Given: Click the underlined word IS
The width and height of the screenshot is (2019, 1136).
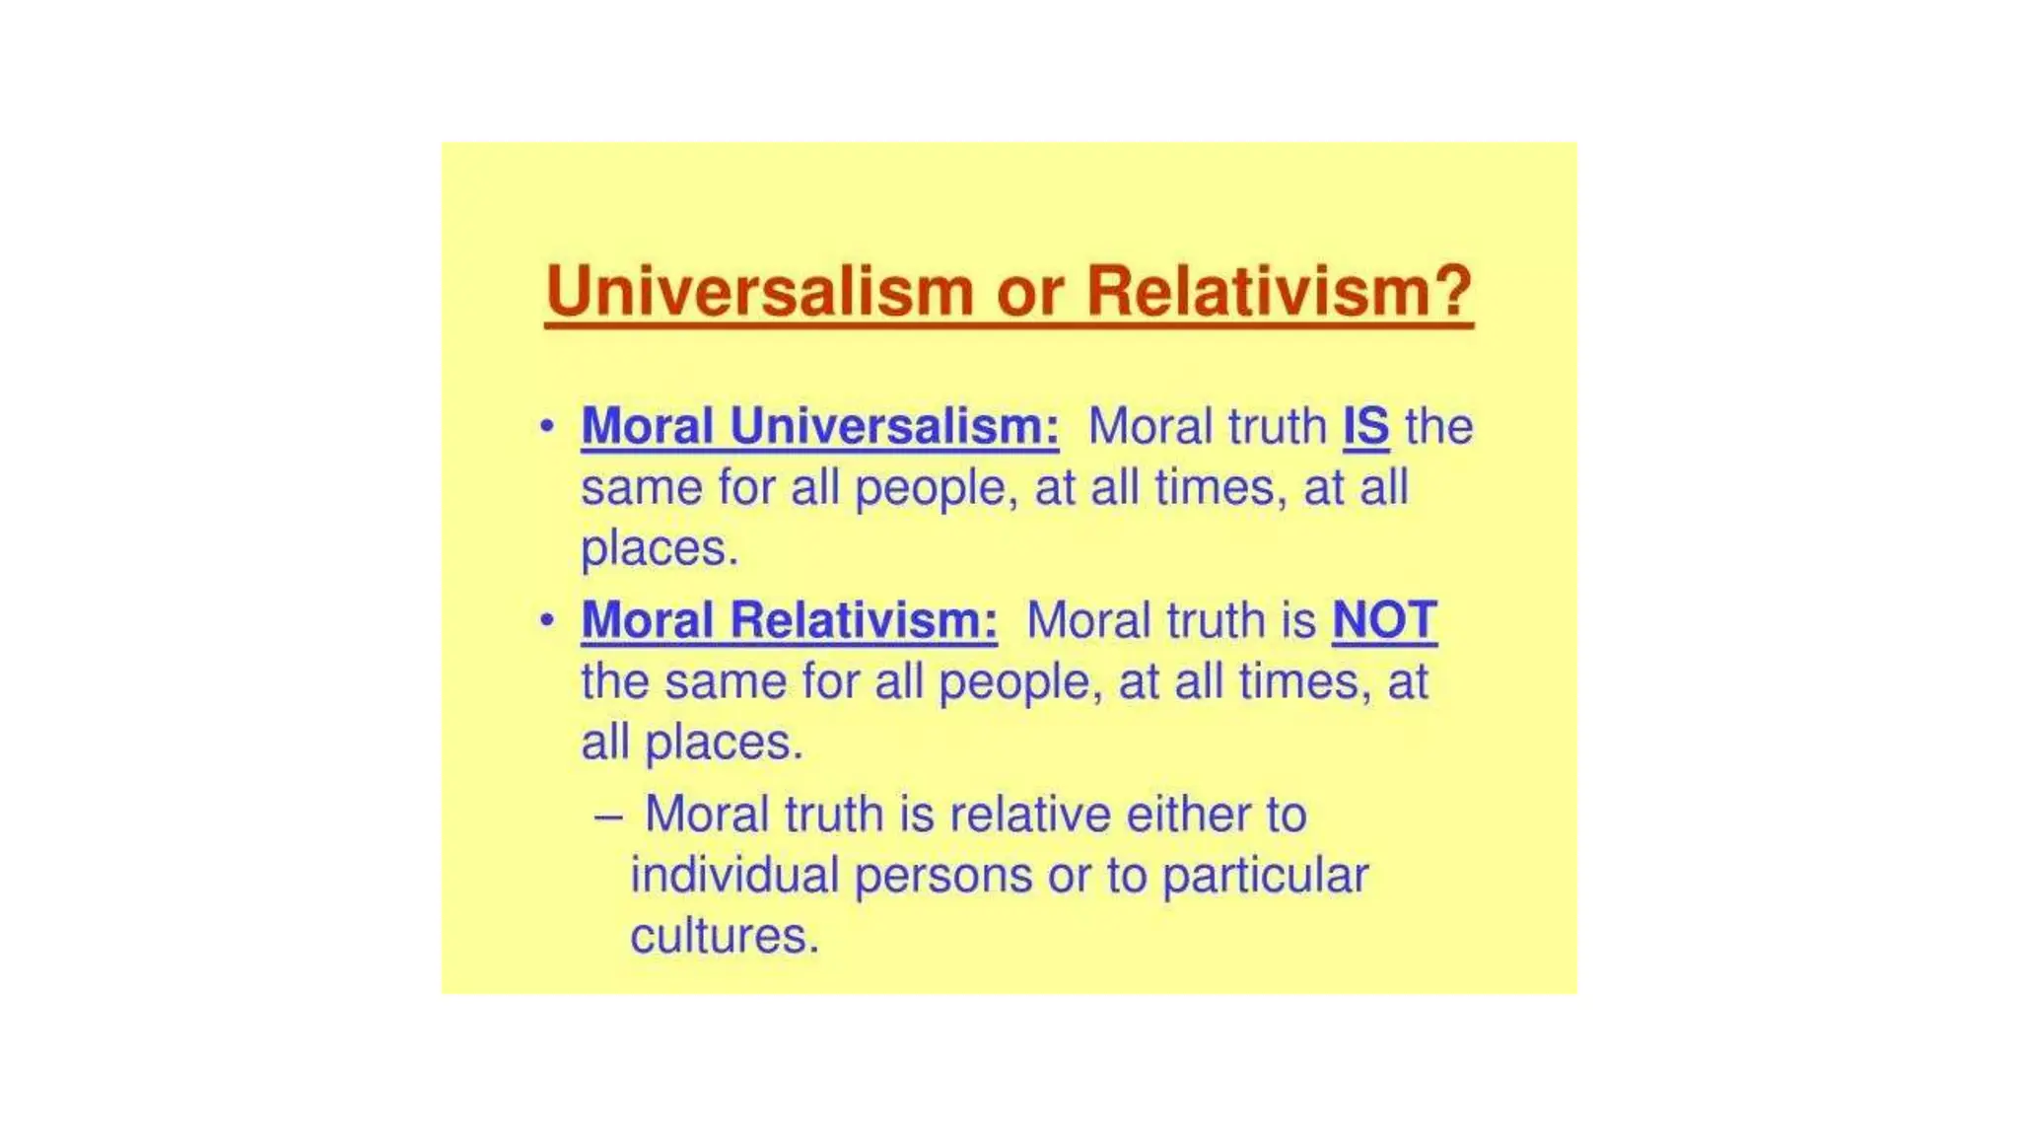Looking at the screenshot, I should click(1366, 427).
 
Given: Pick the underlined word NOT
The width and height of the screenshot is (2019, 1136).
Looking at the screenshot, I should click(1384, 620).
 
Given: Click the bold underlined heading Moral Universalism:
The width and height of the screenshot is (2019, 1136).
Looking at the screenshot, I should click(820, 427).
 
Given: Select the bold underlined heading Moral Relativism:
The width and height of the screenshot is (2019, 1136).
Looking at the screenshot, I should click(789, 620).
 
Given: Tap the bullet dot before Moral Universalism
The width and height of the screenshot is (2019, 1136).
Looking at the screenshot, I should click(547, 426).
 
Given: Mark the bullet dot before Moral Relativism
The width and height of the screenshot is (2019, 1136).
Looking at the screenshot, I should click(547, 620).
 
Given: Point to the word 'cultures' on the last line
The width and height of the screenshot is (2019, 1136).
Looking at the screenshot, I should click(725, 936).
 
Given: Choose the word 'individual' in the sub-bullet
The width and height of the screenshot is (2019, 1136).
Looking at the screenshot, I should click(734, 876).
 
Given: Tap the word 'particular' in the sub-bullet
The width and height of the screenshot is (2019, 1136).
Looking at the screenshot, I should click(1265, 876).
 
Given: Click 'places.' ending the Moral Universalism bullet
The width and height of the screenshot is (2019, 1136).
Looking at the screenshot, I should click(660, 548).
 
